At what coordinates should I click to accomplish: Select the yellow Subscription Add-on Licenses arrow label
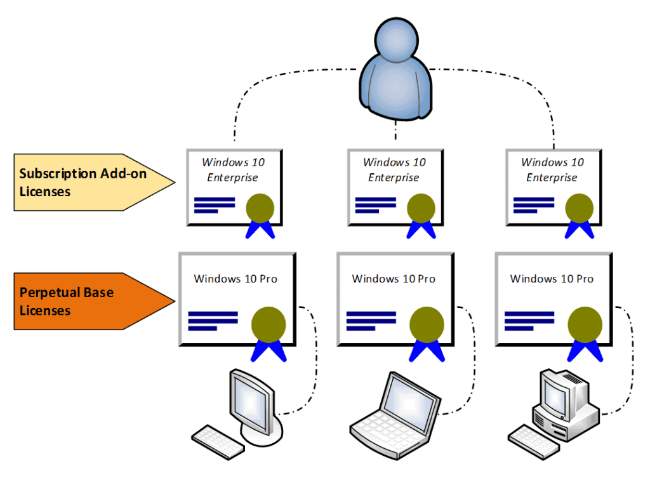89,182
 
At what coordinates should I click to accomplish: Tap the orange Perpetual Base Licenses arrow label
89,302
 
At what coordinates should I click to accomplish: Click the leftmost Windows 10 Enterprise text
233,170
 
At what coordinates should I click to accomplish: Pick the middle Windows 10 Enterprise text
394,170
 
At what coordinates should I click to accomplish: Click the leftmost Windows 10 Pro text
235,279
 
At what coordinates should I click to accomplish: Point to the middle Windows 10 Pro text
394,279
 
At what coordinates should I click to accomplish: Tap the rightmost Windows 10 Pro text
552,279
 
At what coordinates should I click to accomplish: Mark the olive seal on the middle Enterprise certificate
420,208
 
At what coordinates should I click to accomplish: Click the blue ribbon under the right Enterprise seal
579,230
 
